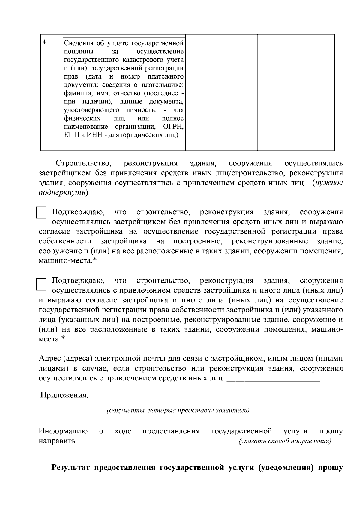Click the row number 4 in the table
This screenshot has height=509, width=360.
(x=44, y=42)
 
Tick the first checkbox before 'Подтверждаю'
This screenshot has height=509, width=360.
(x=41, y=212)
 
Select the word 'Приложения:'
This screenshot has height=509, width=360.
(x=64, y=395)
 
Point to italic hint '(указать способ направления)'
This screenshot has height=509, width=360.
(x=285, y=441)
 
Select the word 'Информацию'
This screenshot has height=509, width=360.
(x=63, y=431)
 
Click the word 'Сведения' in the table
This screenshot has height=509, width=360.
(x=77, y=44)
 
